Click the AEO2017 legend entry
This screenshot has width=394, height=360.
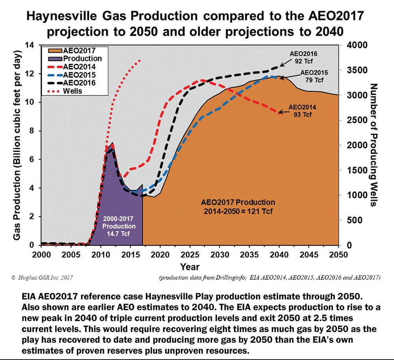click(73, 50)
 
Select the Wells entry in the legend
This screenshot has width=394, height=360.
click(73, 91)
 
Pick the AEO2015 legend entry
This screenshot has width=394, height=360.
click(73, 75)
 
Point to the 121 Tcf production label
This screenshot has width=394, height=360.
click(238, 207)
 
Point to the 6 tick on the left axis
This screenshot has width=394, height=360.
click(35, 160)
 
